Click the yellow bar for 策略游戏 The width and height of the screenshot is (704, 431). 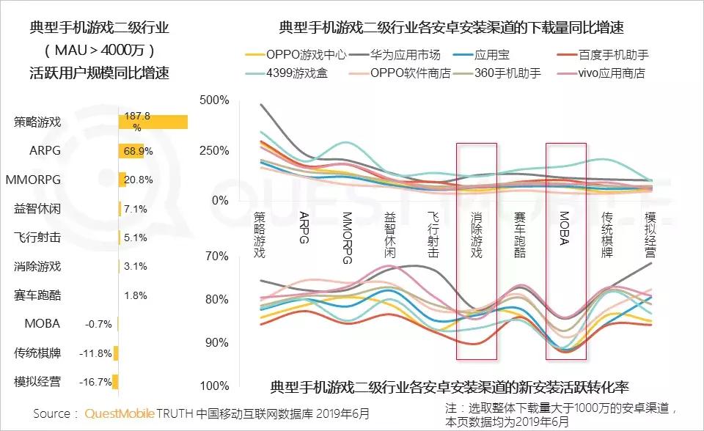(153, 122)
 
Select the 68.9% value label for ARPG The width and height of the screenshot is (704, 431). (138, 151)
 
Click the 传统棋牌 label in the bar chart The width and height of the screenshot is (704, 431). (37, 353)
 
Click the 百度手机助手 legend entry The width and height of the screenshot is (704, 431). (613, 55)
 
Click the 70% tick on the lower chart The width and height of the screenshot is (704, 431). (217, 256)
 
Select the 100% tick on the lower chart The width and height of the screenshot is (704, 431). (215, 386)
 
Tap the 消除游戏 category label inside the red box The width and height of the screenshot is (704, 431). (477, 235)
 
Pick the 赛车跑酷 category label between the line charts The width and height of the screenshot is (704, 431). (520, 235)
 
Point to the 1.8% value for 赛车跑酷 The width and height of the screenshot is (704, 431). (136, 295)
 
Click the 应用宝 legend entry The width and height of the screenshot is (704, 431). (491, 55)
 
